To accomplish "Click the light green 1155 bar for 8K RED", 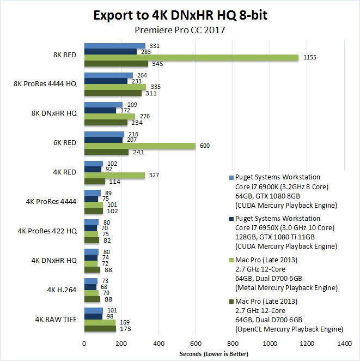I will tap(191, 58).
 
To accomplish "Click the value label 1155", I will tap(310, 58).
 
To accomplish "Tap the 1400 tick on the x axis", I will tap(344, 345).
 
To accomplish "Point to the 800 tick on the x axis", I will tap(233, 345).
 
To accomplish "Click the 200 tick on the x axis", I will tap(121, 345).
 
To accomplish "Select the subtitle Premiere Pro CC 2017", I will tap(180, 31).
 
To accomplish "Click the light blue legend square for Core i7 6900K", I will tap(231, 178).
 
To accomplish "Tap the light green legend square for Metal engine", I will tap(231, 260).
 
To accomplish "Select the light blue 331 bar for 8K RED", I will tap(114, 46).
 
